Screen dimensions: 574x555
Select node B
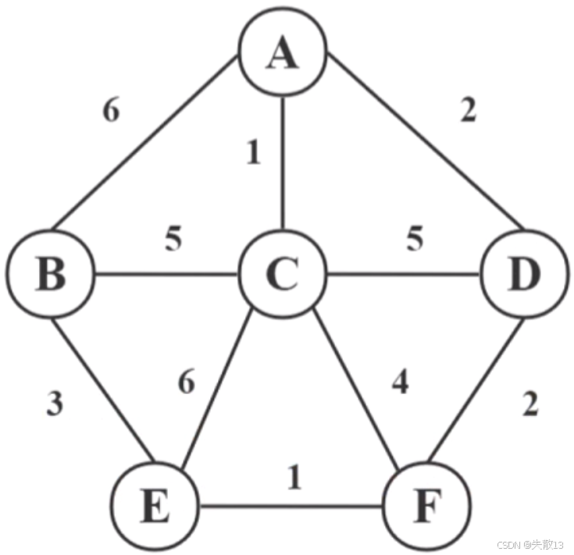[x=52, y=276]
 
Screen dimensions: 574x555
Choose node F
[x=426, y=507]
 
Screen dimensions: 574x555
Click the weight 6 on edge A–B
[x=111, y=112]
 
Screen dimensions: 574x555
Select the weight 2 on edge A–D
[x=467, y=112]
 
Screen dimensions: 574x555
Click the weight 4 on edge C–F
[x=400, y=385]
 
